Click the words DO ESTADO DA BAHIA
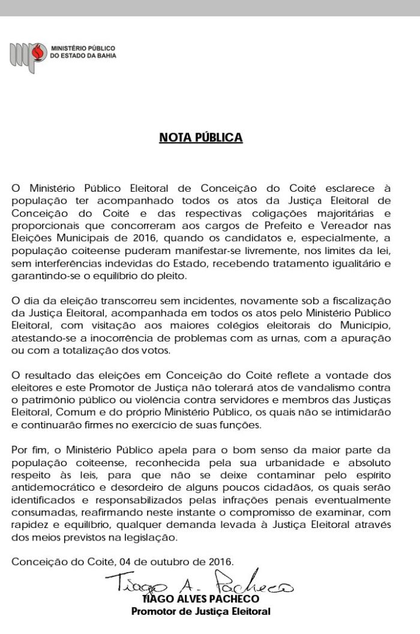click(83, 55)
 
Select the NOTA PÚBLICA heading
click(200, 138)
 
